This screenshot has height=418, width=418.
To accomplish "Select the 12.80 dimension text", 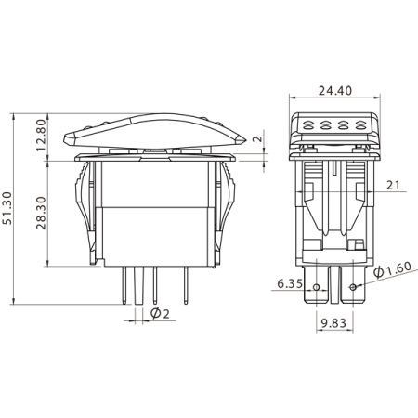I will pos(41,137).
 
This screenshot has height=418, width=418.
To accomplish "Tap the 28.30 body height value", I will pos(41,216).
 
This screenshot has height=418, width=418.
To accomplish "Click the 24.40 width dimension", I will pos(333,91).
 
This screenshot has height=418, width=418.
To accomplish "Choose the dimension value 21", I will pos(392,186).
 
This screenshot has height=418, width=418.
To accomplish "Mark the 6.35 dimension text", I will pos(290,284).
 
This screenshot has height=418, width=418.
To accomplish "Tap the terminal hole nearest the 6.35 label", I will pos(318,287).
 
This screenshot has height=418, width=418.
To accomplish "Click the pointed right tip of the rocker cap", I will pos(242,141).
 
